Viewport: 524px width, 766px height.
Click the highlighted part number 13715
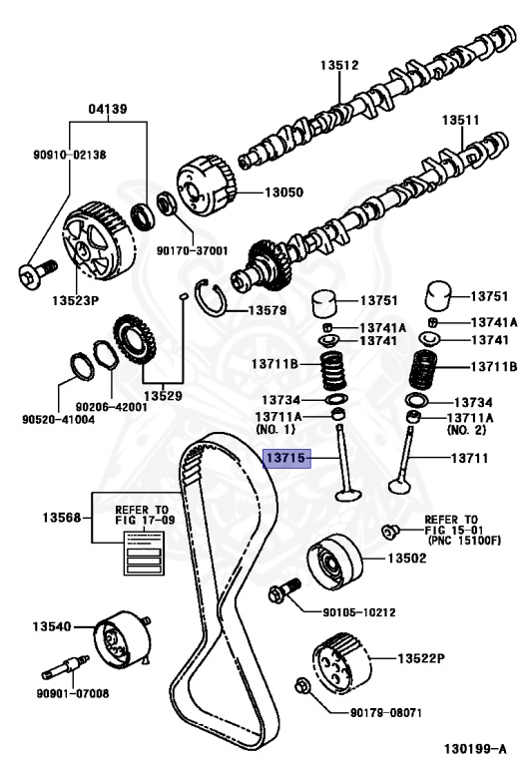(287, 458)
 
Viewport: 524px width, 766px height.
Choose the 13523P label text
(76, 298)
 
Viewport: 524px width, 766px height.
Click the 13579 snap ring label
(266, 310)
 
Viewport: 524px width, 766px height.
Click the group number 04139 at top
(107, 108)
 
